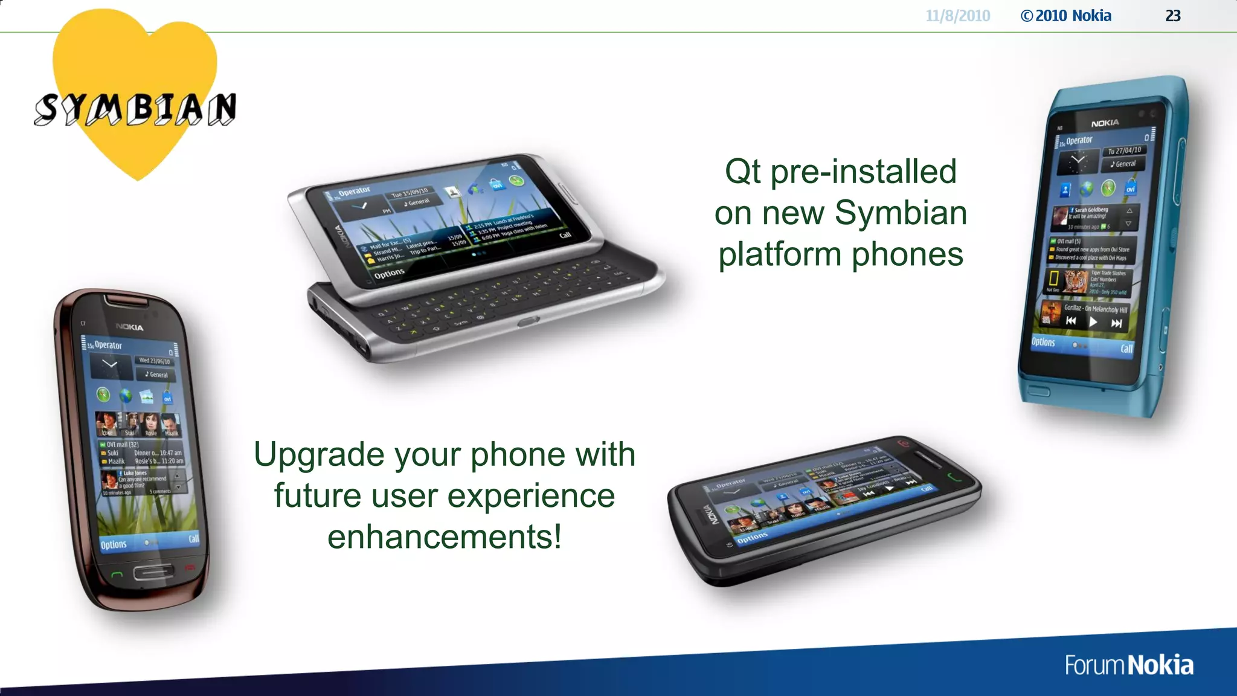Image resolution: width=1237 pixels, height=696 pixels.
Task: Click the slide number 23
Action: (x=1172, y=16)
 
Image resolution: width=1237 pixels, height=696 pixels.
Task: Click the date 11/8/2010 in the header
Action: (x=957, y=16)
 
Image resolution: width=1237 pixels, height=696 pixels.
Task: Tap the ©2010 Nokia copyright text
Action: (x=1066, y=16)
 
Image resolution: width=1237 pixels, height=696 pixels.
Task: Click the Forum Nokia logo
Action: (x=1128, y=665)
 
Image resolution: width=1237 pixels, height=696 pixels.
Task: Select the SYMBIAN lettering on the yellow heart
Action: (x=135, y=109)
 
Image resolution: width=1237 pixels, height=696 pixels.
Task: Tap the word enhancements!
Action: (x=445, y=536)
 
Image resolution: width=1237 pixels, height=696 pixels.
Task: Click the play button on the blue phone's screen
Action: (x=1093, y=322)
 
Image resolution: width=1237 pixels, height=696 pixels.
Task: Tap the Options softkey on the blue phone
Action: (x=1043, y=342)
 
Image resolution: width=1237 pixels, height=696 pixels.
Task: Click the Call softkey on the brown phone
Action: (x=193, y=538)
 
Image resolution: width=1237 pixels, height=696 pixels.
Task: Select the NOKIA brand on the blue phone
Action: (x=1105, y=123)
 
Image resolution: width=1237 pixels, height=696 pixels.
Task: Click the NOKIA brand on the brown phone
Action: (x=129, y=327)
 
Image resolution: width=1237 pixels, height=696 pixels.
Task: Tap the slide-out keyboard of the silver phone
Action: (x=489, y=299)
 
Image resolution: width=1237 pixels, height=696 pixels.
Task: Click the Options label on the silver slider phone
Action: (x=389, y=274)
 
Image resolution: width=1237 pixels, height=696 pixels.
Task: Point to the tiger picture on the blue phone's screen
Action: (x=1075, y=282)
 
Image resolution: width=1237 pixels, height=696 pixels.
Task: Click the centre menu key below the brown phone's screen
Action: (x=152, y=572)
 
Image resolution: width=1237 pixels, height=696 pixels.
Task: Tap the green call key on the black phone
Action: (x=954, y=478)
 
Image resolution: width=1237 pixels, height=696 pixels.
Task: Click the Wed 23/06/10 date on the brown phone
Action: (x=154, y=361)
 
